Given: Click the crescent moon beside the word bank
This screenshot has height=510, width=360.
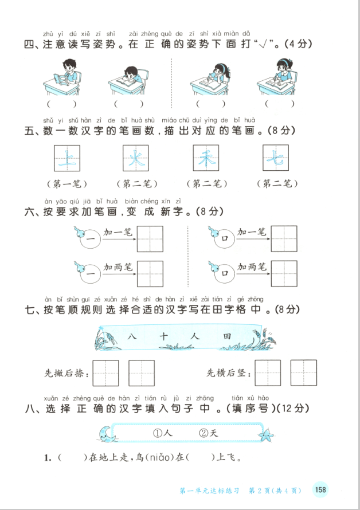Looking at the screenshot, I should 107,434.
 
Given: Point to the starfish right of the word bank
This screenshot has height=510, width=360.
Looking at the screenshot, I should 266,435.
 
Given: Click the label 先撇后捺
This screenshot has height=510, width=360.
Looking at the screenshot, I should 66,374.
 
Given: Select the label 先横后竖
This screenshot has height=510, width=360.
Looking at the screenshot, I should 229,374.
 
